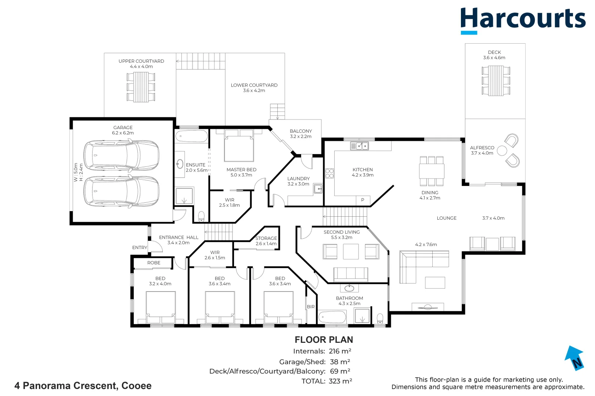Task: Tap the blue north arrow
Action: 574,358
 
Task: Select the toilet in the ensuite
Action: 201,216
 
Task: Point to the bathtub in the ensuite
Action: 191,136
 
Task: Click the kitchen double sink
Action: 360,146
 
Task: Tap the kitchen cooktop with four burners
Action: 330,173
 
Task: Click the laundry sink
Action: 318,188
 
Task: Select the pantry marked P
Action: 363,200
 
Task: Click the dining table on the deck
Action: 496,80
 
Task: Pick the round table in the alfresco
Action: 502,151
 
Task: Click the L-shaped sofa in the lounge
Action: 424,267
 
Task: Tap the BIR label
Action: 310,307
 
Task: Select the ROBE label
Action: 154,263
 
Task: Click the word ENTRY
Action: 140,247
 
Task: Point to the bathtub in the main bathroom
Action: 332,317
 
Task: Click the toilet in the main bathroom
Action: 380,319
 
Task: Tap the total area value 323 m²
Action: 340,381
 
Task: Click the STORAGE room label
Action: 266,238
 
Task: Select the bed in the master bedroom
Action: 239,145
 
